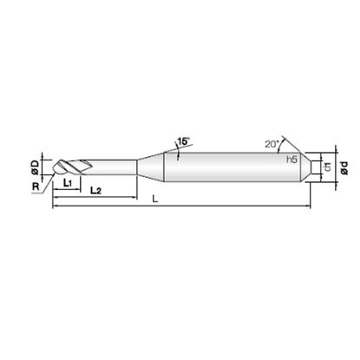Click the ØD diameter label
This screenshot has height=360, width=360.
(35, 167)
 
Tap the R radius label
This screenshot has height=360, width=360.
(36, 187)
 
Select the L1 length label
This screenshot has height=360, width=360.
(68, 183)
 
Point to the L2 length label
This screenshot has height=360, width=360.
(95, 190)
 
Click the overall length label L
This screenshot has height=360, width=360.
(155, 199)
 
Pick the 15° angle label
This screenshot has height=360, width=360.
(184, 141)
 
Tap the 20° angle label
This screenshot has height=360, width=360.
(272, 144)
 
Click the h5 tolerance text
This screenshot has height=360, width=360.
(291, 159)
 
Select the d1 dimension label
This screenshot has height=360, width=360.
(328, 167)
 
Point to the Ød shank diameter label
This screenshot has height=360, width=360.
(344, 167)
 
